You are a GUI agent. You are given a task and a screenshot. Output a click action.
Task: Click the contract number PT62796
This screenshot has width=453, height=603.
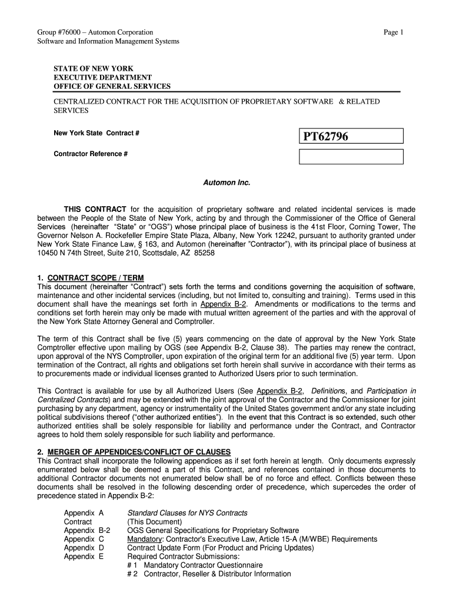pyautogui.click(x=325, y=137)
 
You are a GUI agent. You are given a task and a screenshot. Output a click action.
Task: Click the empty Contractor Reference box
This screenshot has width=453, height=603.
pyautogui.click(x=351, y=157)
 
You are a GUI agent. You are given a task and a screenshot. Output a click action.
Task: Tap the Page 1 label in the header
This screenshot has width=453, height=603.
pyautogui.click(x=392, y=32)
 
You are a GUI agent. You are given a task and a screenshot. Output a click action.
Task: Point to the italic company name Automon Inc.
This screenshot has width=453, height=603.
pyautogui.click(x=226, y=183)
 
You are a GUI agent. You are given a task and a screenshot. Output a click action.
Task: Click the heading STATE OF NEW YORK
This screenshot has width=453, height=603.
pyautogui.click(x=94, y=69)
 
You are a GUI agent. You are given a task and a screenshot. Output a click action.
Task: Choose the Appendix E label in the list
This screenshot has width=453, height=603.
pyautogui.click(x=84, y=556)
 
